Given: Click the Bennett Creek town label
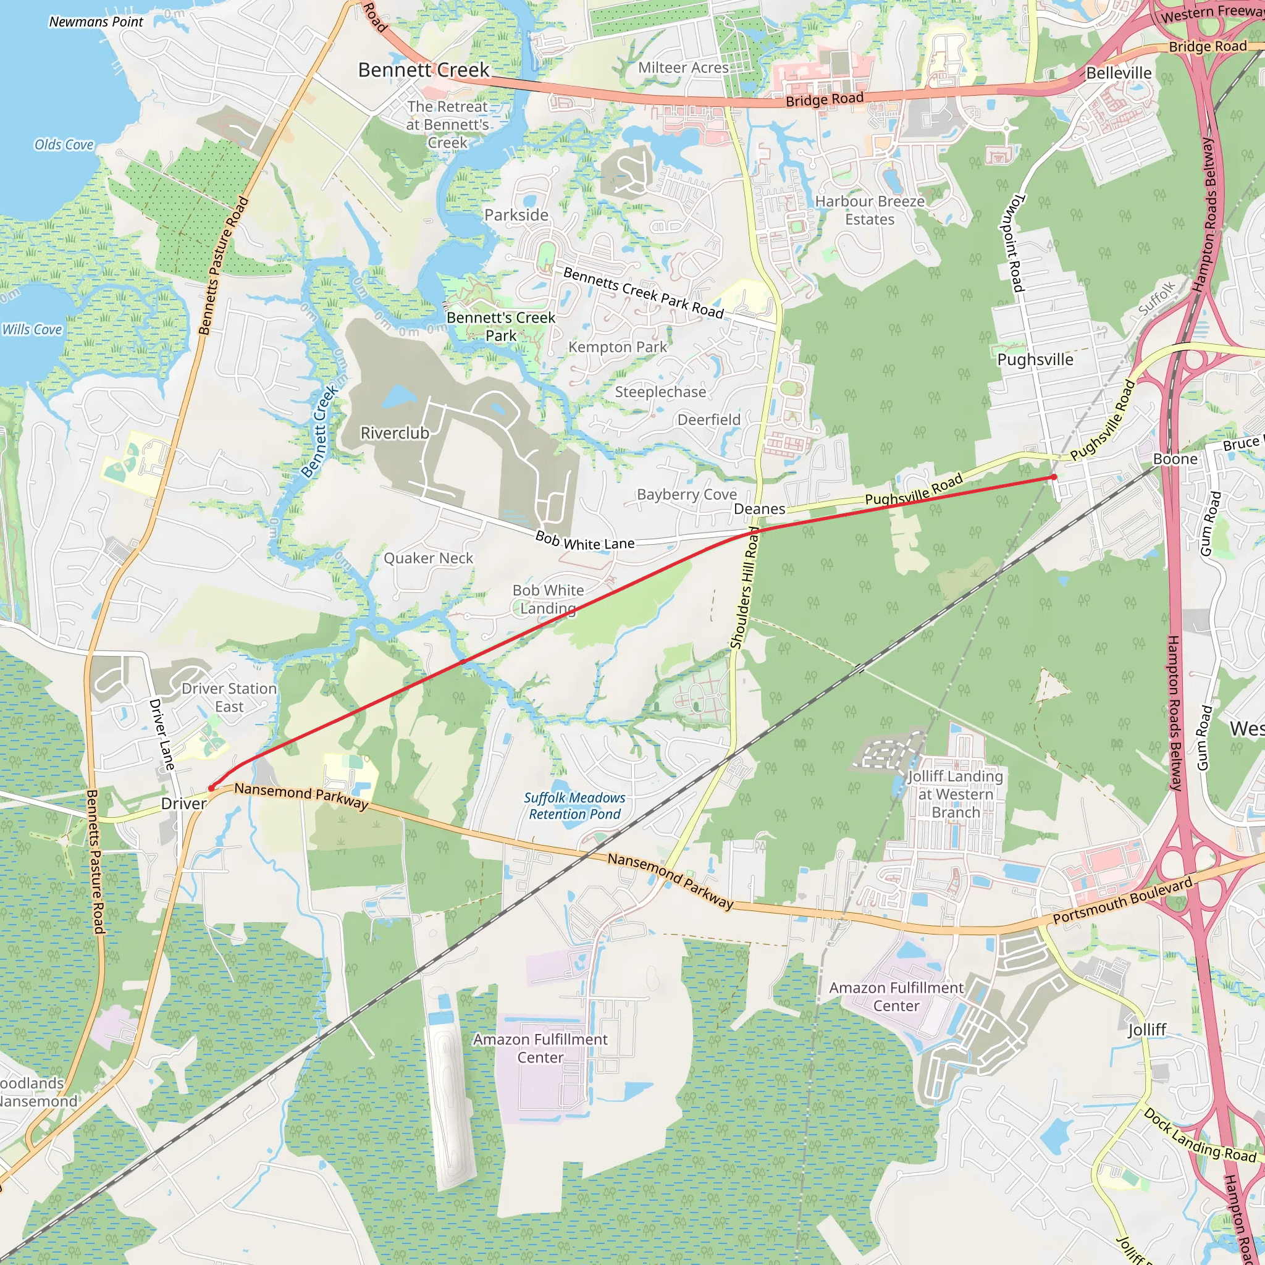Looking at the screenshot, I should pos(424,70).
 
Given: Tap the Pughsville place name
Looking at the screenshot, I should pos(1035,359).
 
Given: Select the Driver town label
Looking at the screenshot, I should pos(184,804).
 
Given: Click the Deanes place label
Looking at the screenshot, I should pos(760,509).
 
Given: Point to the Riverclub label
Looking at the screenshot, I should pos(395,433).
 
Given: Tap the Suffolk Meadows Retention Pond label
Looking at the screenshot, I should pos(574,806).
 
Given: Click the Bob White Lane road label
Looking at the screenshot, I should pos(585,541).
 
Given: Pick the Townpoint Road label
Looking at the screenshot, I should pos(1012,242).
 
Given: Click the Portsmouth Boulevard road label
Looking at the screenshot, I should pos(1122,901).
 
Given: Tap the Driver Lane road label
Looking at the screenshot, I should pos(162,734).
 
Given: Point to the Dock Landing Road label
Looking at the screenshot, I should pos(1200,1135).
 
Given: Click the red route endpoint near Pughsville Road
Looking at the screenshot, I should pos(1054,477).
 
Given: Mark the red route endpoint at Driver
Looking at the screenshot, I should pos(211,788).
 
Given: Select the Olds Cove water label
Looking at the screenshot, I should pos(64,145).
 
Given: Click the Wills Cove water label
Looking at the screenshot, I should pos(32,329).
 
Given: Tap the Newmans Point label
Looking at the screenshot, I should pos(96,22).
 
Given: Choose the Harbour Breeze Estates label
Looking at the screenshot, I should pos(870,210).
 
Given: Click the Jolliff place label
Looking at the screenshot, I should pos(1146,1030).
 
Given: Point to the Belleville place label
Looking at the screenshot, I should pos(1119,73).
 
